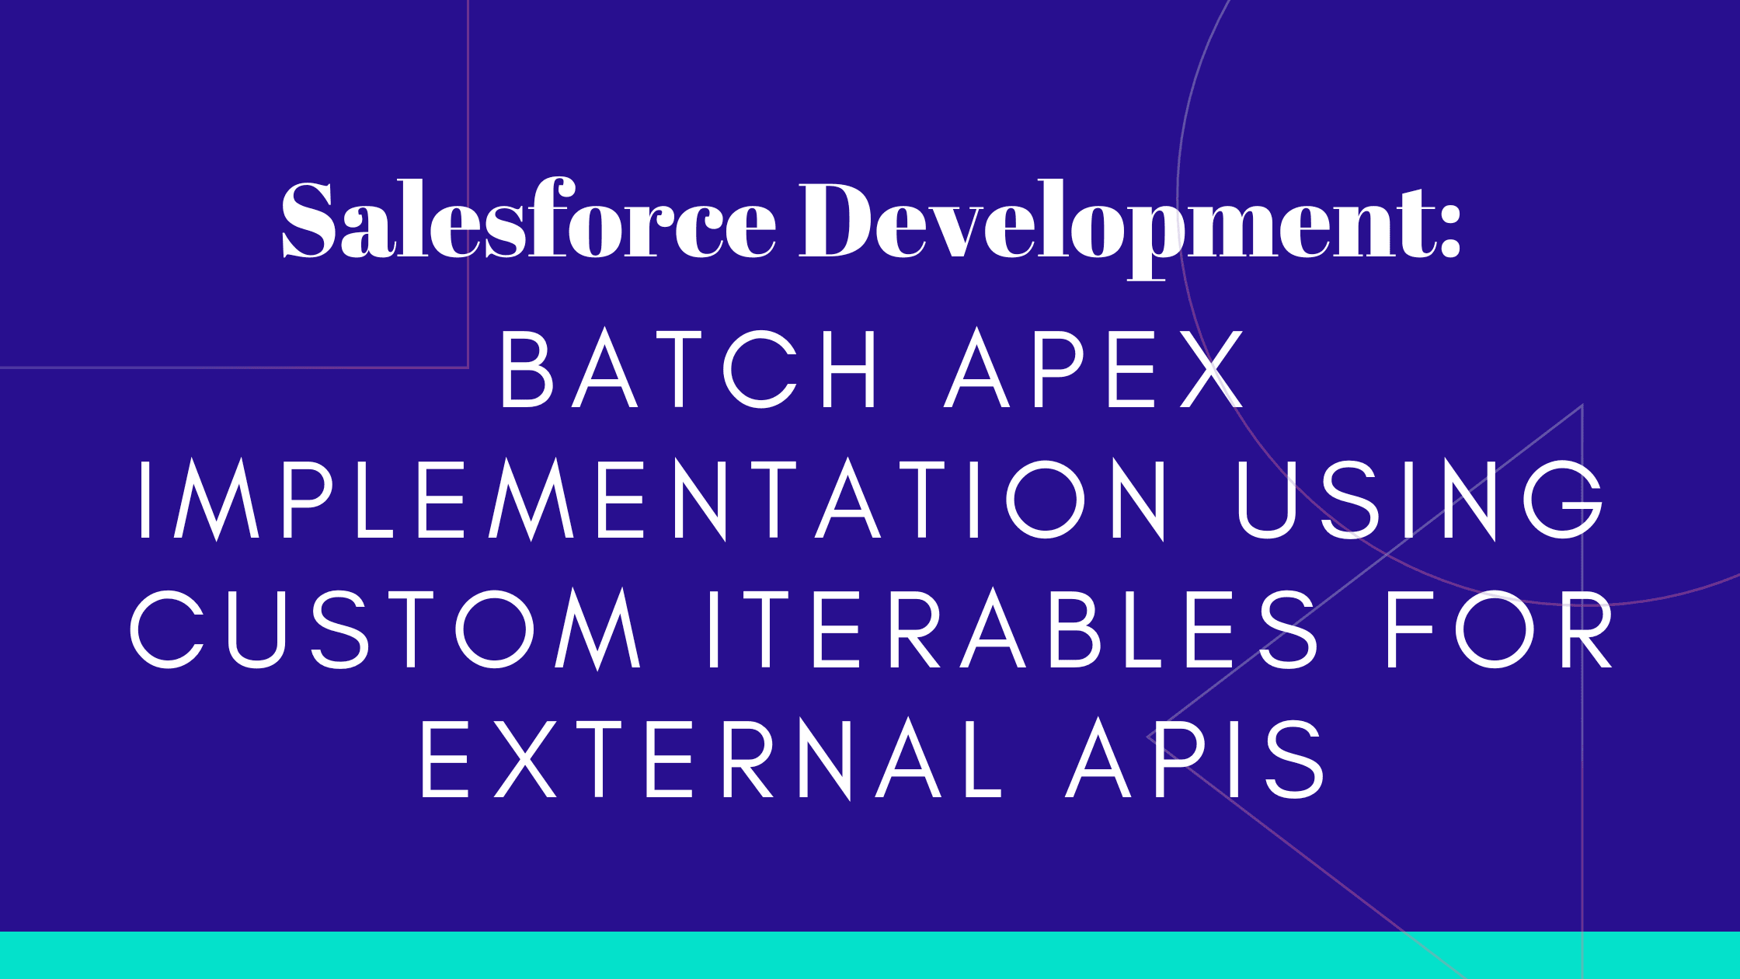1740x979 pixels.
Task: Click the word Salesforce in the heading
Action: (x=528, y=219)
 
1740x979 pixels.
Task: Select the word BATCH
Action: (x=688, y=368)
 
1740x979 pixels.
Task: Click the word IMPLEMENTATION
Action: (x=652, y=498)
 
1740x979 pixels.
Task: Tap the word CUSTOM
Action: (x=385, y=628)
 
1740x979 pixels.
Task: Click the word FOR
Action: (x=1500, y=628)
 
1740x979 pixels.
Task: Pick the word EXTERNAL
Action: (x=711, y=758)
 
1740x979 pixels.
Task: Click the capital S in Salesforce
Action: (x=308, y=219)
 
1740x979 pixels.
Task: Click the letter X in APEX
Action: (x=1213, y=368)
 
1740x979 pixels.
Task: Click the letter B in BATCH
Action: (x=527, y=368)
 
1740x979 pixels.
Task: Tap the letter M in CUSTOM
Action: (x=598, y=628)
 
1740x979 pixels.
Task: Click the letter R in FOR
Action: (x=1589, y=628)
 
